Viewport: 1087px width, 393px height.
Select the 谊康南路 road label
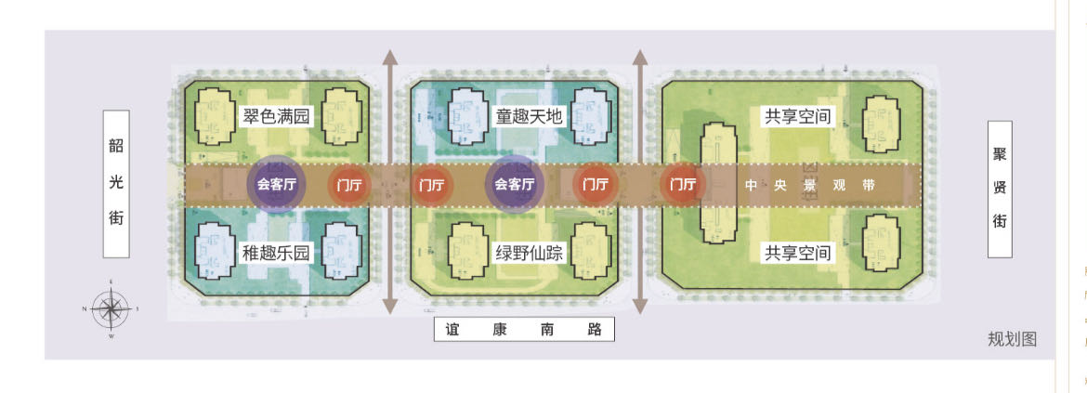pyautogui.click(x=525, y=329)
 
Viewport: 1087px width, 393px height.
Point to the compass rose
pyautogui.click(x=111, y=308)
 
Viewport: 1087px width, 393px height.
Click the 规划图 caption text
pyautogui.click(x=1011, y=339)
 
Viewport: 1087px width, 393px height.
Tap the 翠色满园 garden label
pyautogui.click(x=276, y=117)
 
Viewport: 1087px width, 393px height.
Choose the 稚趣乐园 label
pyautogui.click(x=276, y=253)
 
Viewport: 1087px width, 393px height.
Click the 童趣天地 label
pyautogui.click(x=529, y=117)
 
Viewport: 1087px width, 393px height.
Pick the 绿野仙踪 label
pyautogui.click(x=529, y=253)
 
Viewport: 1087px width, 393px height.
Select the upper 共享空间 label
pyautogui.click(x=796, y=117)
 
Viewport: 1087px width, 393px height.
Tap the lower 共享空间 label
pyautogui.click(x=796, y=253)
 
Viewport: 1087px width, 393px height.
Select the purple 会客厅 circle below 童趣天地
pyautogui.click(x=515, y=185)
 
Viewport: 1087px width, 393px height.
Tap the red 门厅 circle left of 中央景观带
pyautogui.click(x=684, y=185)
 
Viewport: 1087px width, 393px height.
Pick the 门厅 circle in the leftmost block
pyautogui.click(x=351, y=185)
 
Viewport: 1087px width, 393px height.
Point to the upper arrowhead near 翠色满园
pyautogui.click(x=391, y=59)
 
